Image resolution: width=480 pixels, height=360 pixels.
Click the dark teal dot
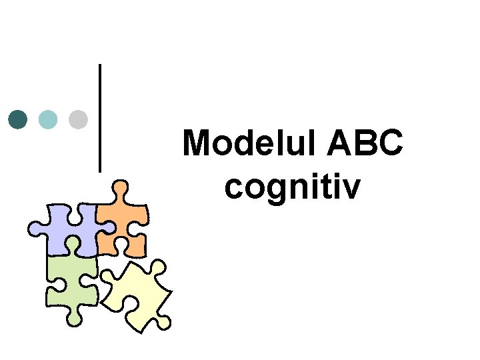pos(18,119)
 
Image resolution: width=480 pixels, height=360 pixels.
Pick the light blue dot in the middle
pos(48,119)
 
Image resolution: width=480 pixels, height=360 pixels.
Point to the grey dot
pos(78,119)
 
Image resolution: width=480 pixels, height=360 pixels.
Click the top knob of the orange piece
pos(120,188)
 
